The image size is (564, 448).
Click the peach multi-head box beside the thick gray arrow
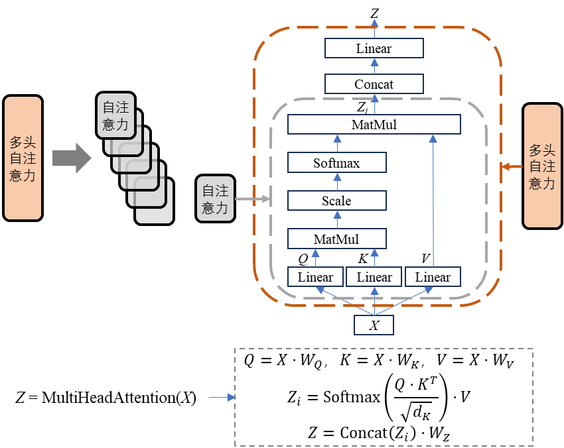[x=23, y=158]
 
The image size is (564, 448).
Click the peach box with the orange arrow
[x=542, y=166]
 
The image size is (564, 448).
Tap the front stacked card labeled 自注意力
[x=115, y=115]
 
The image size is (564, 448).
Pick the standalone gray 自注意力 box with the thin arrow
[x=215, y=198]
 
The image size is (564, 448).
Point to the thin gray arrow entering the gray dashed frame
[x=252, y=199]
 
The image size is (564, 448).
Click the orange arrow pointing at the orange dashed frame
[x=512, y=166]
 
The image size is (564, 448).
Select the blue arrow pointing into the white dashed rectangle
[x=222, y=398]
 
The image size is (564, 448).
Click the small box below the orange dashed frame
[x=374, y=325]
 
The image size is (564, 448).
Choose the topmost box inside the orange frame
[x=374, y=48]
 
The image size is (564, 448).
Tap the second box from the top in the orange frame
[x=374, y=84]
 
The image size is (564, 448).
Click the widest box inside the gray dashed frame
[x=374, y=124]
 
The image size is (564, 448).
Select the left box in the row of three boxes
[x=315, y=276]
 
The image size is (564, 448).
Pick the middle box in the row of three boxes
[x=374, y=276]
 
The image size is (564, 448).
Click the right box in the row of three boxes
[x=433, y=276]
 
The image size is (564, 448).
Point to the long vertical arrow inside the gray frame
[x=433, y=199]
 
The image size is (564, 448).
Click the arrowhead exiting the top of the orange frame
[x=374, y=24]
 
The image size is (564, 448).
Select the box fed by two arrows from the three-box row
[x=337, y=239]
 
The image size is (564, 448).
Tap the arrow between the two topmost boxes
[x=374, y=65]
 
